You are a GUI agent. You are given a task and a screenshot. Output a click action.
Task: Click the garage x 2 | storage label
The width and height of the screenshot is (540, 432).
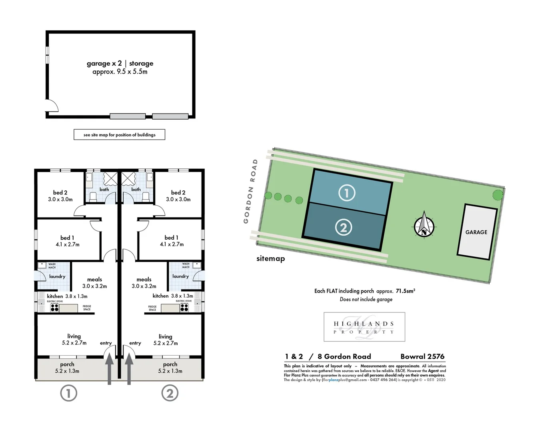pyautogui.click(x=120, y=63)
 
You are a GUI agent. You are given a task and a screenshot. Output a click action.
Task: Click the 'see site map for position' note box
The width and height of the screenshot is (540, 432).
pyautogui.click(x=119, y=135)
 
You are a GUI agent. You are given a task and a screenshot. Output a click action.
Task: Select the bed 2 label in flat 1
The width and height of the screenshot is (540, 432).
pyautogui.click(x=60, y=192)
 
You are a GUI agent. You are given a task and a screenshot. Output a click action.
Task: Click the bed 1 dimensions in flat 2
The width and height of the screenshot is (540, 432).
pyautogui.click(x=172, y=244)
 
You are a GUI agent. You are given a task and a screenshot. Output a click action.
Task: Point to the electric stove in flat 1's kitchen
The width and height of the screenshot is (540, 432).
pyautogui.click(x=54, y=308)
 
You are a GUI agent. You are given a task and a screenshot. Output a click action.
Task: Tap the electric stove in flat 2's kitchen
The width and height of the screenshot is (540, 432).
pyautogui.click(x=184, y=308)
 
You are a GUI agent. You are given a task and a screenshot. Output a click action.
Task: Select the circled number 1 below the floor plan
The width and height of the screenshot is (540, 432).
pyautogui.click(x=68, y=394)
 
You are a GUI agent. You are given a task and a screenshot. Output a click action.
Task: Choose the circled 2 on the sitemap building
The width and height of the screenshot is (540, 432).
pyautogui.click(x=343, y=228)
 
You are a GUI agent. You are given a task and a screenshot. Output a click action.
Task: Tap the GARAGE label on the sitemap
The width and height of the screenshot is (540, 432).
pyautogui.click(x=476, y=232)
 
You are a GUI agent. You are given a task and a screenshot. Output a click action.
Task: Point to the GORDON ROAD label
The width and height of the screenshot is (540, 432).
pyautogui.click(x=250, y=191)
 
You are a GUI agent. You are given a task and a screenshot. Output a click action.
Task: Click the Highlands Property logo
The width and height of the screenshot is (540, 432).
pyautogui.click(x=364, y=327)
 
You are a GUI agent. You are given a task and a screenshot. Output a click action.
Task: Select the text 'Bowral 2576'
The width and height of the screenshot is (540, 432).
pyautogui.click(x=422, y=356)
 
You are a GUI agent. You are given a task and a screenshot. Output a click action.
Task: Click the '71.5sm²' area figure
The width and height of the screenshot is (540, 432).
pyautogui.click(x=405, y=291)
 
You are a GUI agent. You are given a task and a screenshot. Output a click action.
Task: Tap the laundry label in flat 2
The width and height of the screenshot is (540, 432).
pyautogui.click(x=180, y=276)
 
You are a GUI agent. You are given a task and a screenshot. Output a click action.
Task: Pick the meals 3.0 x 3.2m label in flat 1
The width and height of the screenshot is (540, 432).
pyautogui.click(x=95, y=283)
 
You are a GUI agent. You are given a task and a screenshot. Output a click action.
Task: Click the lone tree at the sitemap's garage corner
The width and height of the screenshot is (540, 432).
pyautogui.click(x=498, y=195)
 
